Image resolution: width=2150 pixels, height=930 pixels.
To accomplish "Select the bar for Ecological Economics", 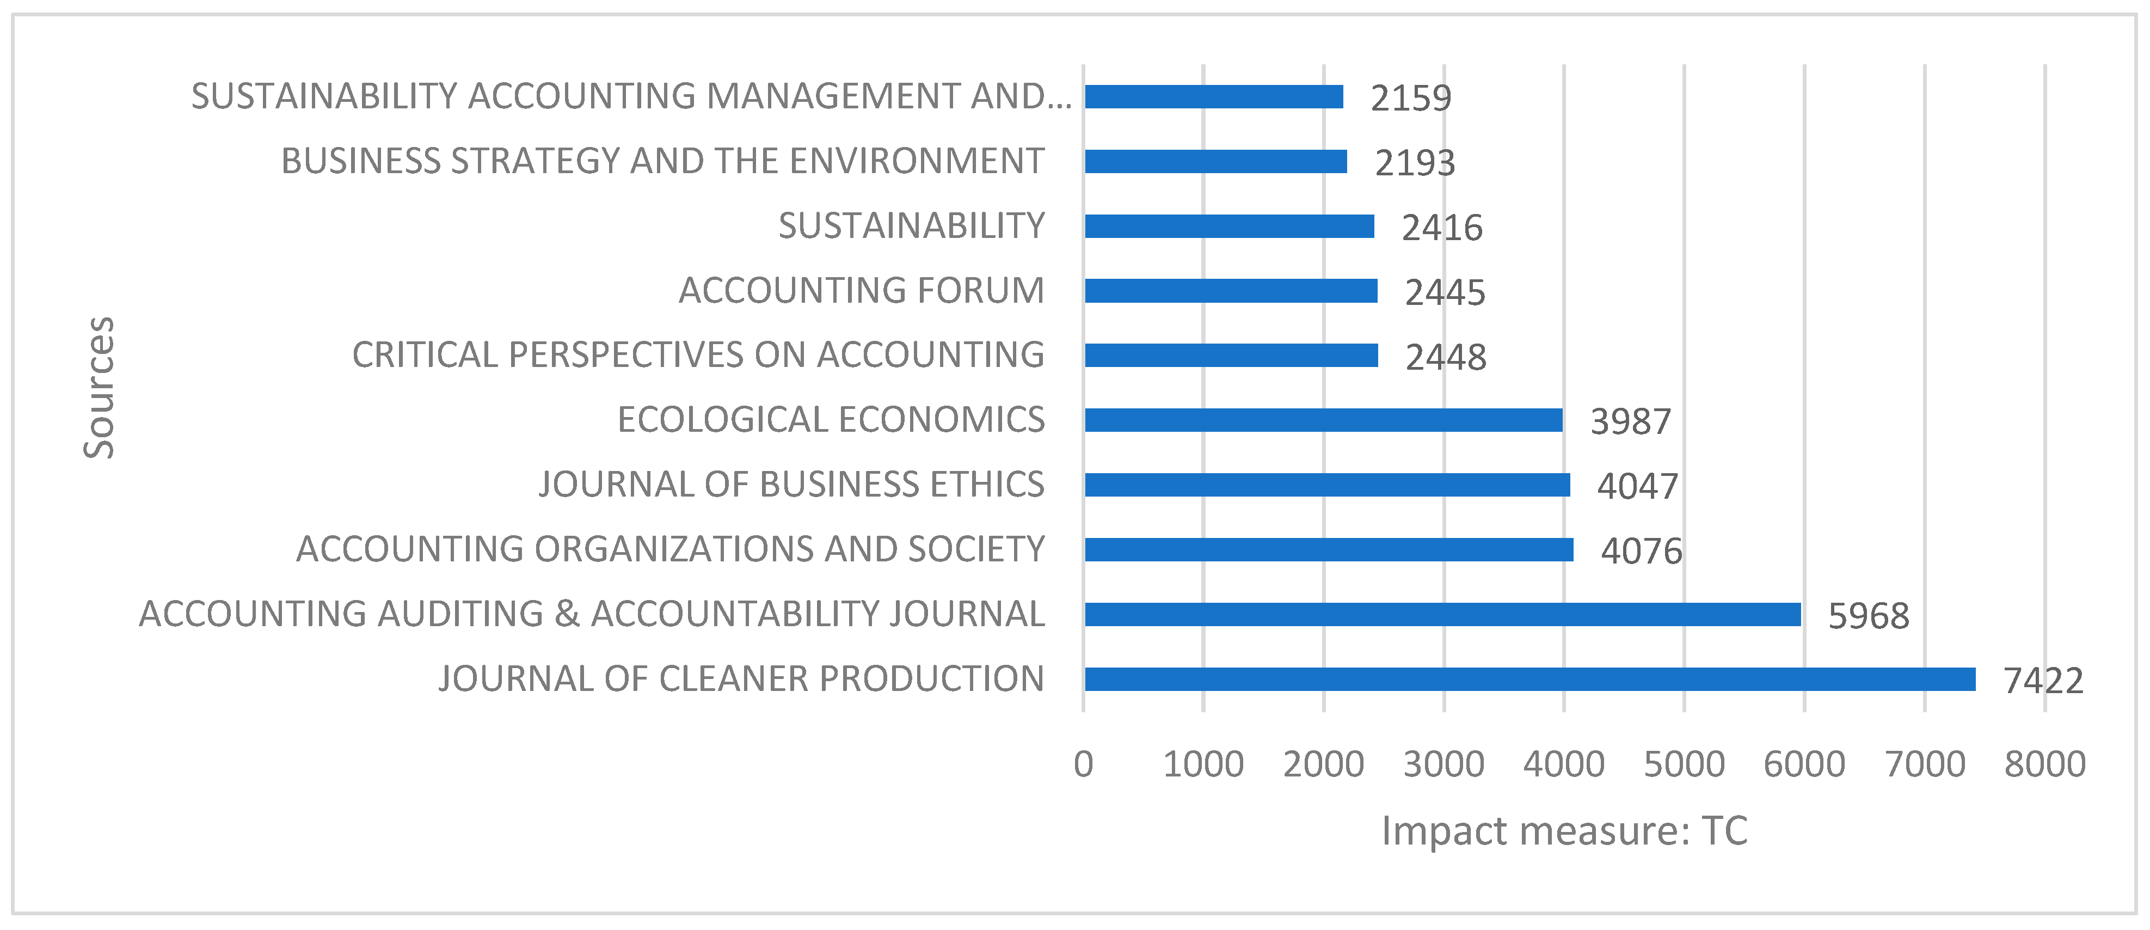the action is (x=1323, y=420).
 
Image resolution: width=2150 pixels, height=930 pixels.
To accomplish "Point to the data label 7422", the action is (x=2042, y=681).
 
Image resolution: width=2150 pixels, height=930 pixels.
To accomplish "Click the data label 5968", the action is (x=1868, y=616).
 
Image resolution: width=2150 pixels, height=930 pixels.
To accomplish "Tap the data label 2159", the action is (x=1410, y=99).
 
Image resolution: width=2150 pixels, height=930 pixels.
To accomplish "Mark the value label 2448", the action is (x=1446, y=357).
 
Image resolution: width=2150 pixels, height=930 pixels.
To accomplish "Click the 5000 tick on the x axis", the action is (x=1684, y=764).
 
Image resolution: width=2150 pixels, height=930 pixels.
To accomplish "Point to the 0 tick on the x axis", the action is (x=1083, y=764).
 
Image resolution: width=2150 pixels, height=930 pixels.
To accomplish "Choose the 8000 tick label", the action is (x=2044, y=764).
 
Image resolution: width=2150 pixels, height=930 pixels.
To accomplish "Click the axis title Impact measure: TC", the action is (x=1564, y=831).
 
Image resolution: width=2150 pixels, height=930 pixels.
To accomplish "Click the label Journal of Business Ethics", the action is (x=791, y=484).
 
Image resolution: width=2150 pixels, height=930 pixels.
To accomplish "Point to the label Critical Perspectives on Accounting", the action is (x=698, y=355).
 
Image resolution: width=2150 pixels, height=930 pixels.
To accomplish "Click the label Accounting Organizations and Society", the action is (x=670, y=549).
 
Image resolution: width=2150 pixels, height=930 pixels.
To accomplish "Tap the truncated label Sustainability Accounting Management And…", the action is (x=631, y=96).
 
